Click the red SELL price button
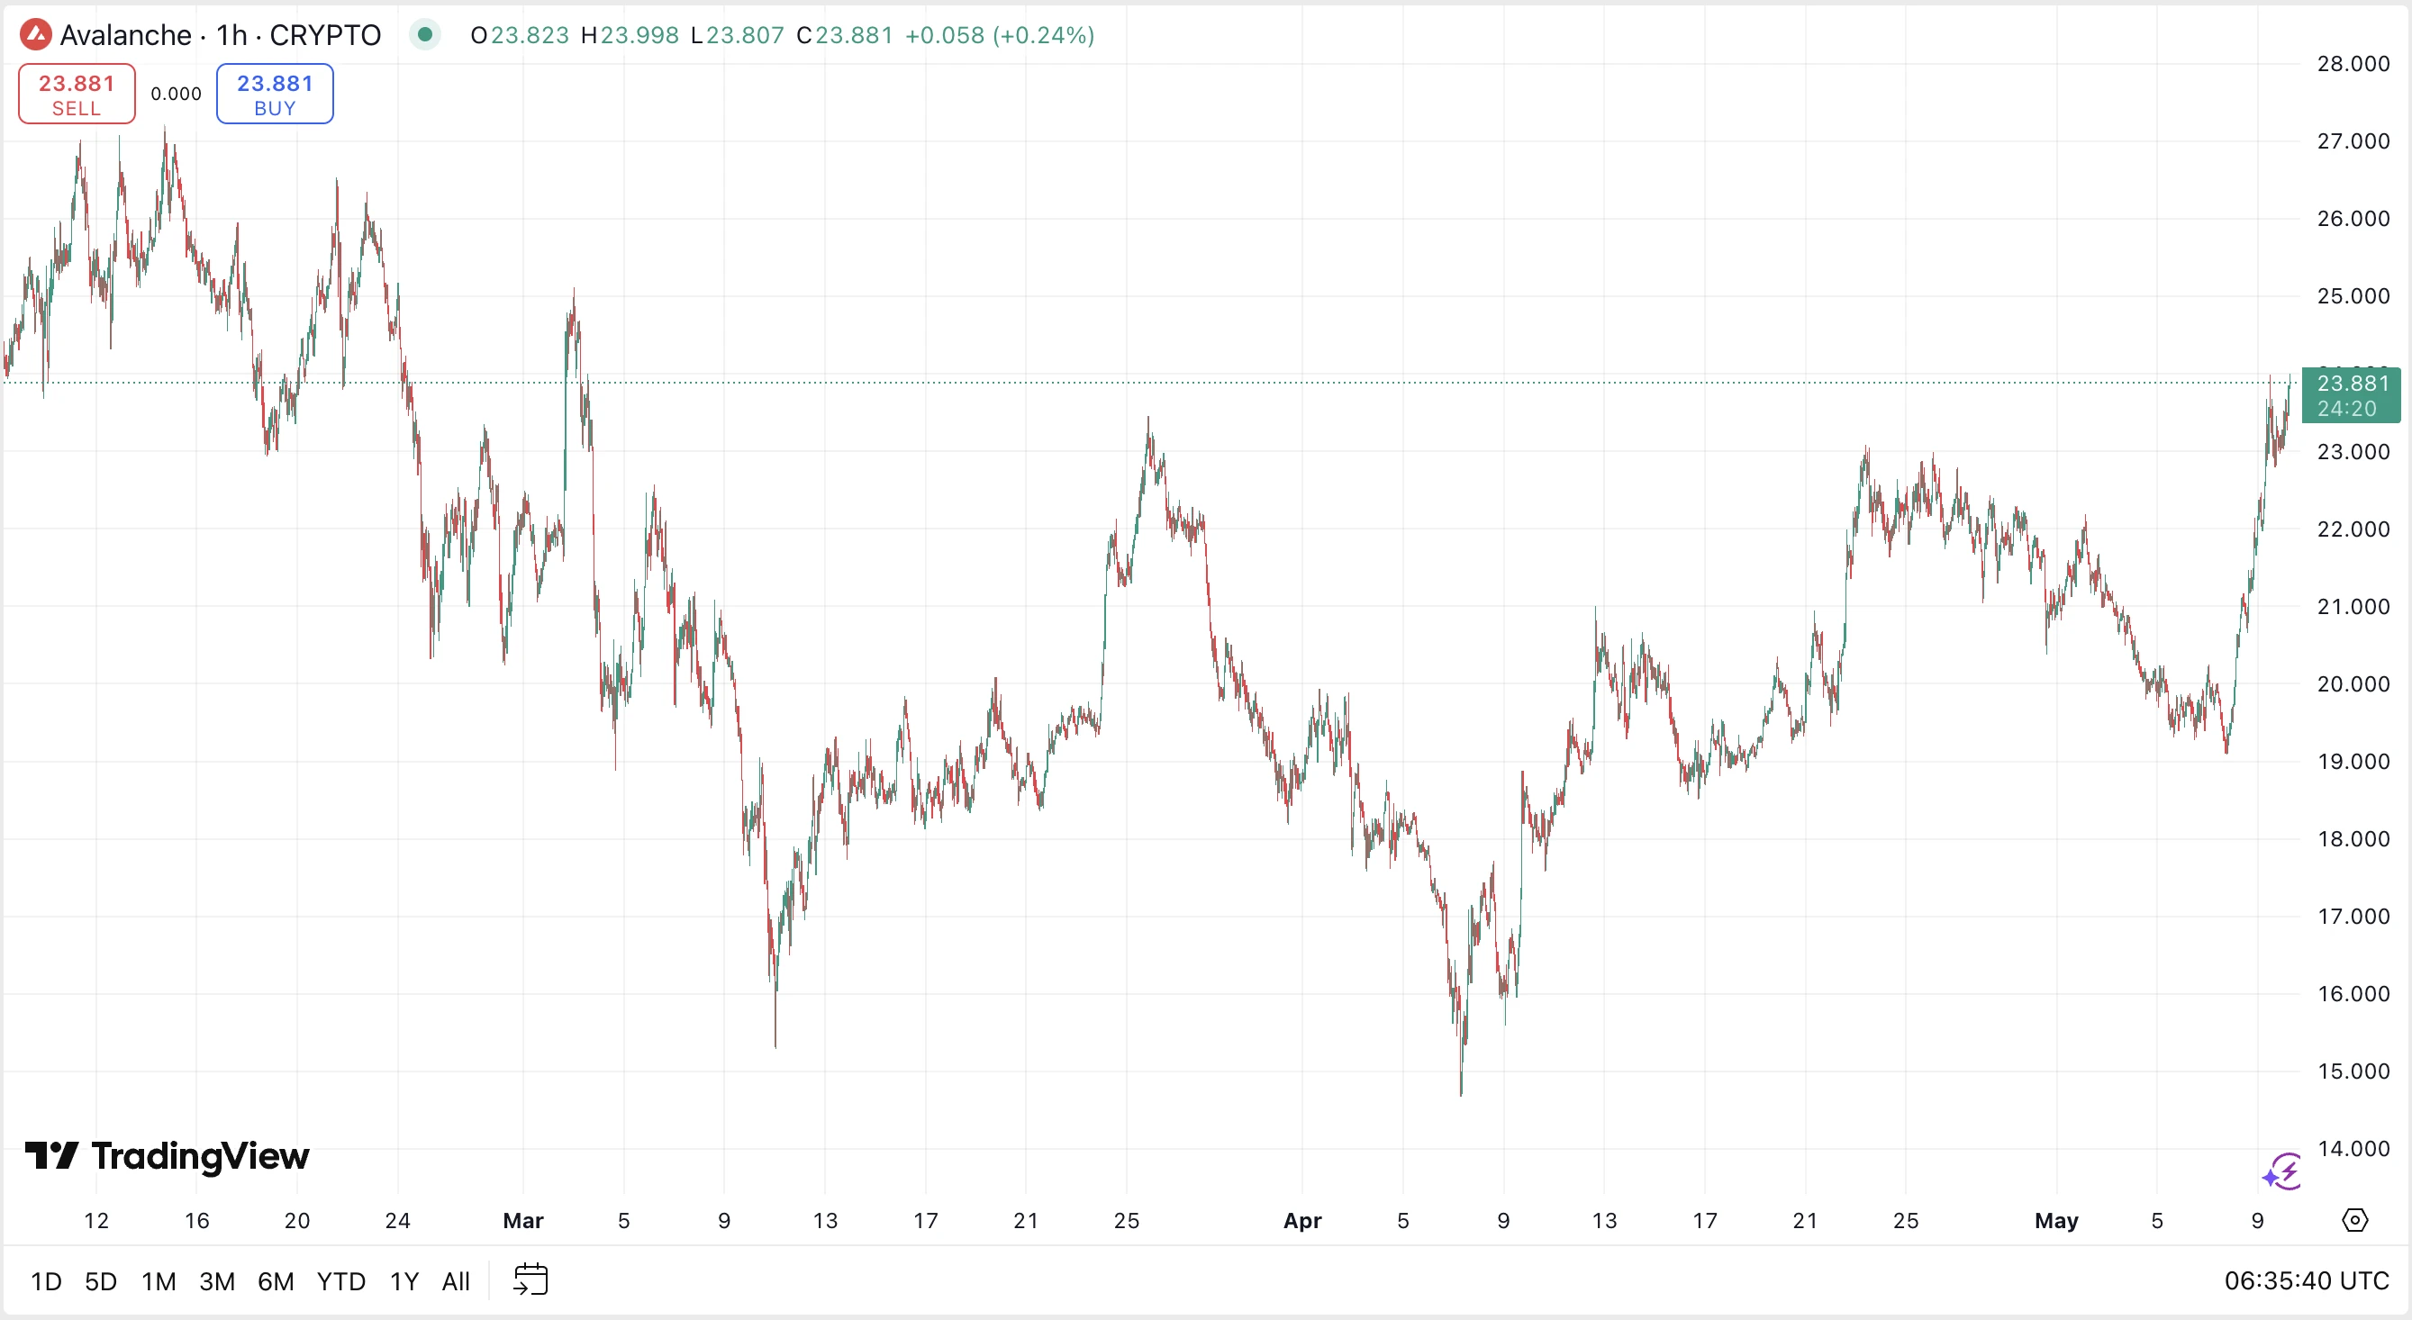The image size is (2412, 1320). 77,94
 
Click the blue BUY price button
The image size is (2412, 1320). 275,94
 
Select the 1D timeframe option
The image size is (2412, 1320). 46,1280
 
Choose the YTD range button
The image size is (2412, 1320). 340,1280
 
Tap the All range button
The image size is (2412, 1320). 456,1280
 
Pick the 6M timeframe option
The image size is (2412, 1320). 276,1280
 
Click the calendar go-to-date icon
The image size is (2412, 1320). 530,1279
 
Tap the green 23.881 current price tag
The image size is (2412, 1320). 2351,395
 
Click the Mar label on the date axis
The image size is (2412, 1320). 523,1221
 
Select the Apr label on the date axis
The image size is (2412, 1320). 1302,1221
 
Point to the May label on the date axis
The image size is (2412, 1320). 2056,1221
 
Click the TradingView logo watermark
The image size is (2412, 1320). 168,1156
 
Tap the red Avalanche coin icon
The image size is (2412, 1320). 36,34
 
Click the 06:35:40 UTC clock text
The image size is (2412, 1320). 2307,1280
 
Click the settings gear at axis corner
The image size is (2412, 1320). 2355,1220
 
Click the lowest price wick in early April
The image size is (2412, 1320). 1462,1090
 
